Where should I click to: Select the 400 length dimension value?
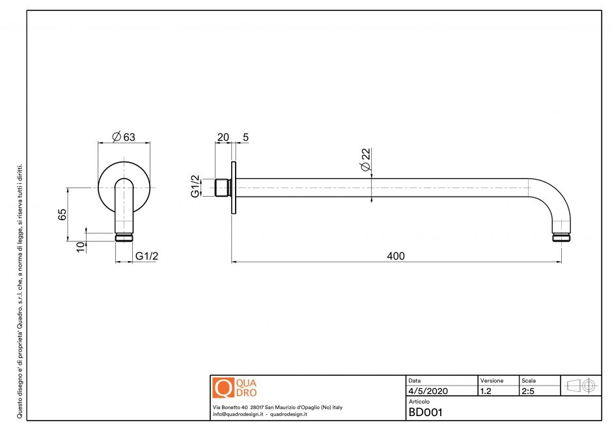pos(395,256)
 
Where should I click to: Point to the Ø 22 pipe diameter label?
pos(365,159)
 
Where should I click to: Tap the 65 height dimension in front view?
pos(63,215)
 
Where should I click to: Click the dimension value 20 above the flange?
pos(223,137)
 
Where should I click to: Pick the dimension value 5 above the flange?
pos(245,137)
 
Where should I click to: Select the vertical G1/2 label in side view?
pos(195,186)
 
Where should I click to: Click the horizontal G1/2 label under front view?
pos(147,256)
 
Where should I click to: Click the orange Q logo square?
pos(223,388)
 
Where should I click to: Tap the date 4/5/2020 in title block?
pos(428,391)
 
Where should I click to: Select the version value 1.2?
pos(486,391)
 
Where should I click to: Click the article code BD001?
pos(425,412)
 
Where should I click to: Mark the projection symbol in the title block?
pos(581,385)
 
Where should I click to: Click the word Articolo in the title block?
pos(419,402)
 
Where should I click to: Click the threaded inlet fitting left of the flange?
pos(222,187)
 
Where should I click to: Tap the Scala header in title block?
pos(528,380)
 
